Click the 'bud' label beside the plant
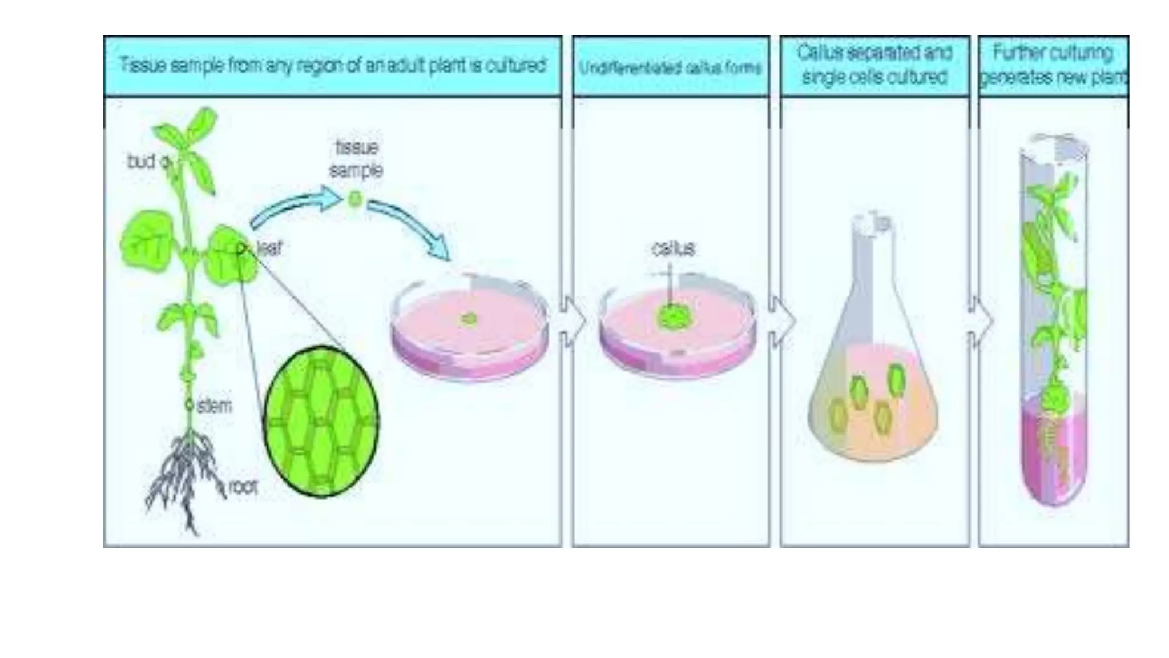140,162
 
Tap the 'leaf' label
269,248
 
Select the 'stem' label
215,406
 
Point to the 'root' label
243,487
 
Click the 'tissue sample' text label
356,159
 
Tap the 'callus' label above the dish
674,248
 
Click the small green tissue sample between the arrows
354,199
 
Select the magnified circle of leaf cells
321,422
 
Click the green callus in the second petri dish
674,318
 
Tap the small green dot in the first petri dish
469,319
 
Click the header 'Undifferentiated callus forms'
671,68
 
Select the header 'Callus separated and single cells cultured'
874,65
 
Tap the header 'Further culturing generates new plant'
1054,65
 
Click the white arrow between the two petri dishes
573,321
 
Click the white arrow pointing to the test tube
981,322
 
